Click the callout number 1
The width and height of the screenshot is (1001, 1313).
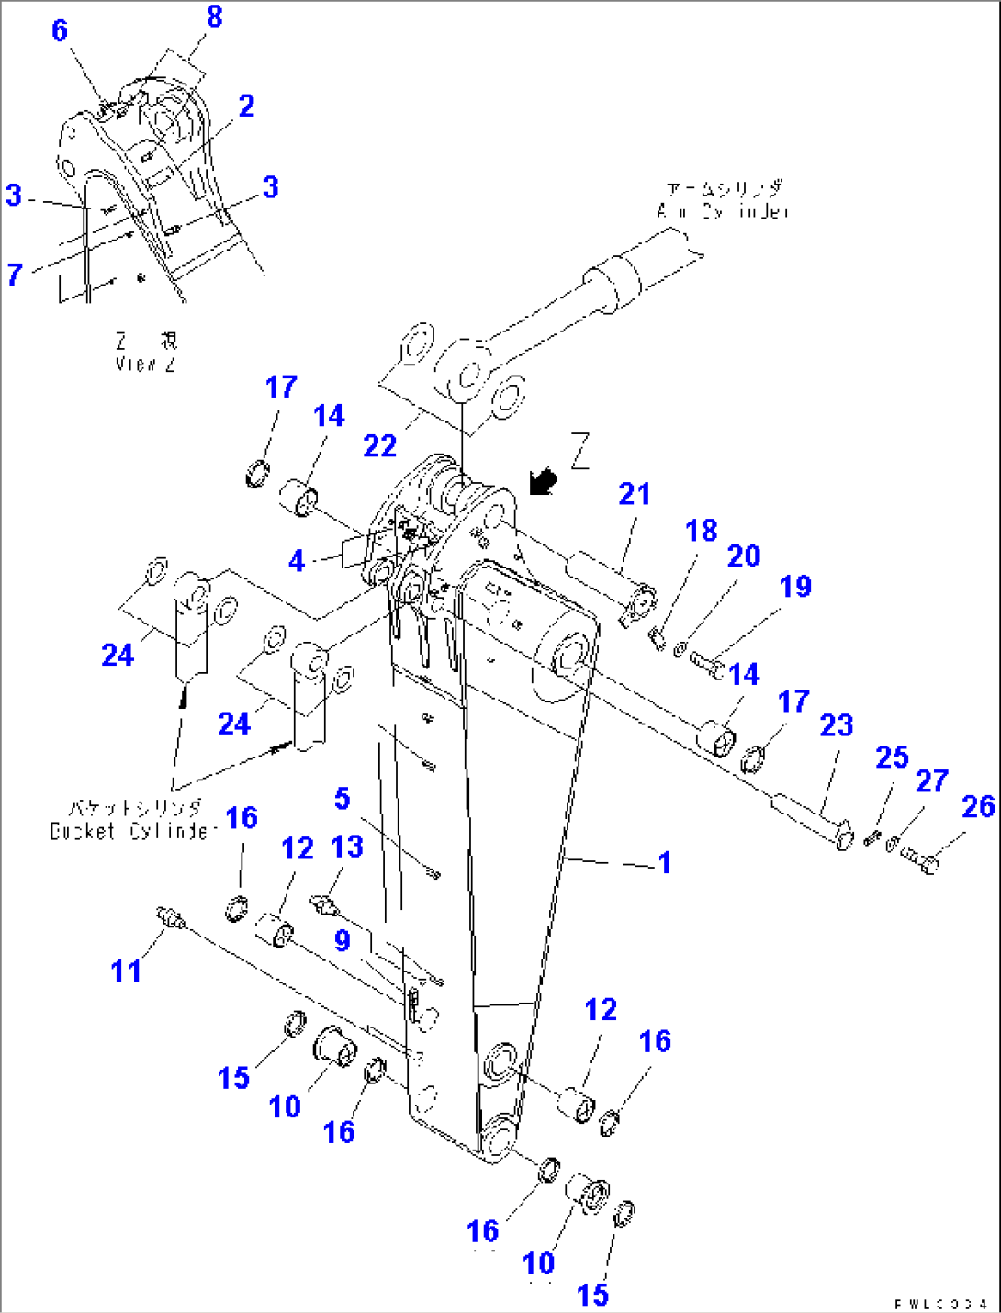pos(665,863)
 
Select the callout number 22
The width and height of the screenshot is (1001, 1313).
pos(380,446)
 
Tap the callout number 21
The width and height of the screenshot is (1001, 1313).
pos(635,495)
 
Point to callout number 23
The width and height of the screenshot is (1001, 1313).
pos(837,725)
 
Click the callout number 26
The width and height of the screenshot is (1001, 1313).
pos(978,806)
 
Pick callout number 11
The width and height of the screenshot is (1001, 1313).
pos(126,971)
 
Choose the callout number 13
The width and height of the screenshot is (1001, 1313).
pos(347,847)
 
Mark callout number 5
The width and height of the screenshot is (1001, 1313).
pos(342,799)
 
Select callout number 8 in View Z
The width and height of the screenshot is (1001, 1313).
pos(214,17)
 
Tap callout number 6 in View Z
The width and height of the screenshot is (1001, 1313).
pos(60,30)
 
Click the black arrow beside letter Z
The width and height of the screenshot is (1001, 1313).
pos(544,480)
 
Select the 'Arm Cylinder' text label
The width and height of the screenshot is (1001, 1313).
pos(724,200)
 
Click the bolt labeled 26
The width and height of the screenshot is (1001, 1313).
pos(920,860)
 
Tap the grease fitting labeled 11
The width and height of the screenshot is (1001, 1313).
pos(169,915)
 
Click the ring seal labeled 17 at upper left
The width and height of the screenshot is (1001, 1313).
pos(258,475)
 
